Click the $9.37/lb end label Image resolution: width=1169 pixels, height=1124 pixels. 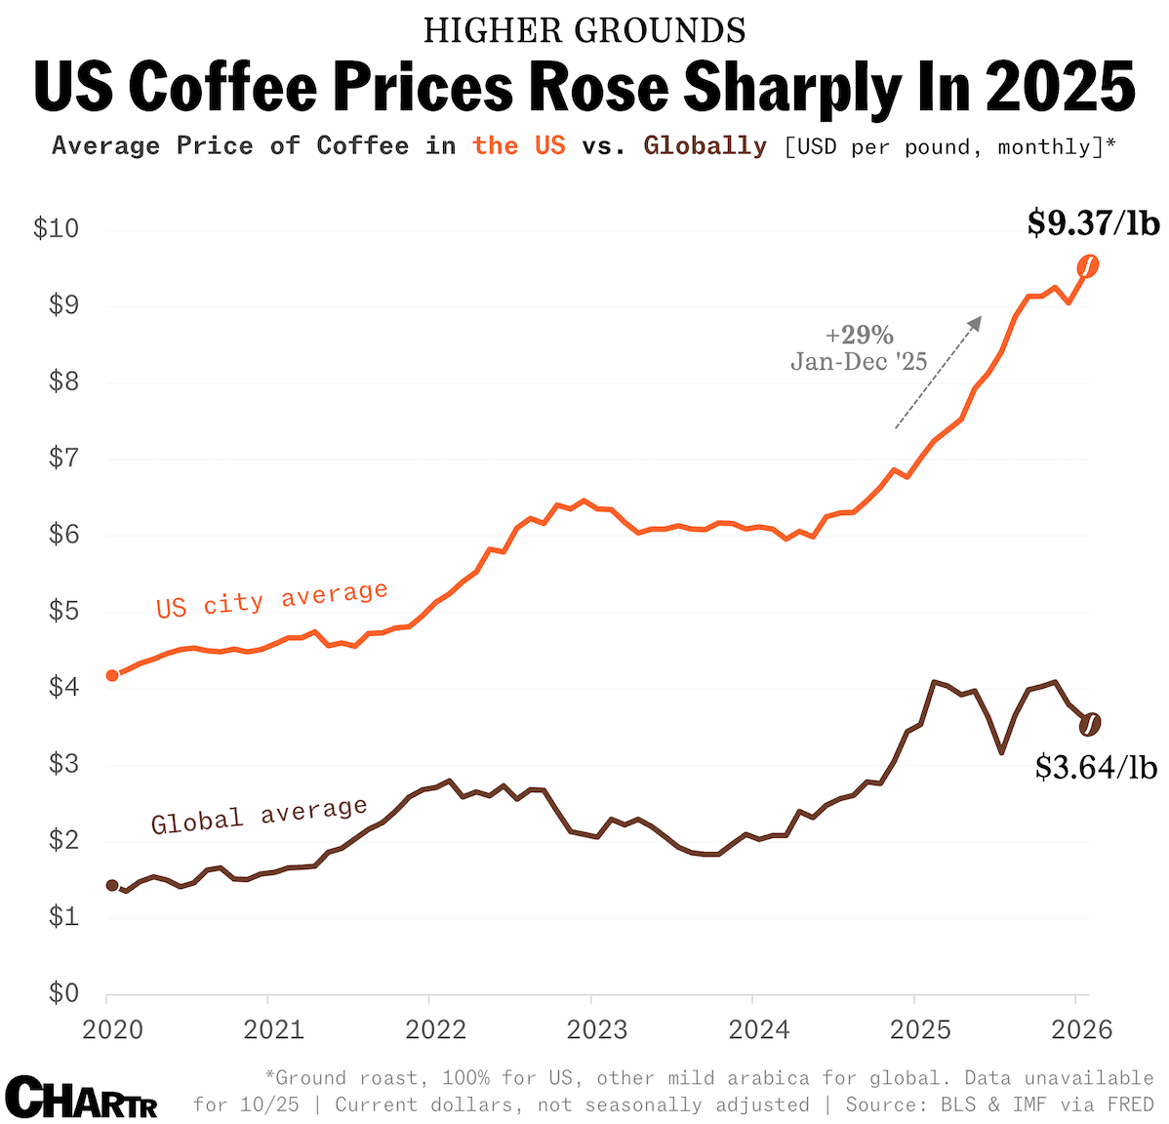[x=1093, y=224]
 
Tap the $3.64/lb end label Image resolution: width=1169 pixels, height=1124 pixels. [x=1096, y=768]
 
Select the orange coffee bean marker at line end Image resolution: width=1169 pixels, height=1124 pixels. [x=1088, y=265]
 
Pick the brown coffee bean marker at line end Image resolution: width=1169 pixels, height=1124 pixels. [x=1090, y=723]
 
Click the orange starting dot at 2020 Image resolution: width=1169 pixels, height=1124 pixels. [x=112, y=675]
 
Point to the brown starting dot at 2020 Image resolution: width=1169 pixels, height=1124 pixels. [x=112, y=885]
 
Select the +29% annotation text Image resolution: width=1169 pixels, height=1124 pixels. [x=859, y=336]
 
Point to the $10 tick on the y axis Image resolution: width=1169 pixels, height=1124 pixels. [x=56, y=229]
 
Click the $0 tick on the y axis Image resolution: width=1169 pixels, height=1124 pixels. [x=62, y=993]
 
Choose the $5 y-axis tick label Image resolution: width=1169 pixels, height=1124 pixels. [x=62, y=612]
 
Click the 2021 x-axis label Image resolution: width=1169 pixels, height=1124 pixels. [x=273, y=1030]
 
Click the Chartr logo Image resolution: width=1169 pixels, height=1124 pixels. [x=82, y=1097]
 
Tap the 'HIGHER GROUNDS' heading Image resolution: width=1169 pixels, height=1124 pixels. [x=584, y=31]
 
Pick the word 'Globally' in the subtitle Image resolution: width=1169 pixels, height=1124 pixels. [x=705, y=146]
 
